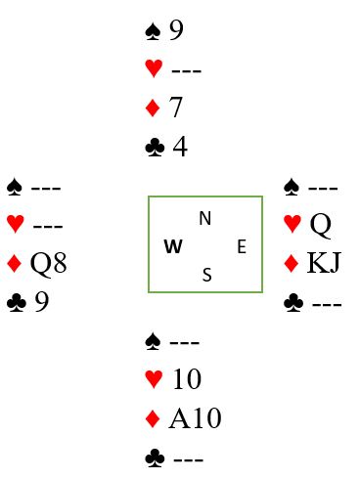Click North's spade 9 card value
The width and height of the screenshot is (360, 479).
pos(176,30)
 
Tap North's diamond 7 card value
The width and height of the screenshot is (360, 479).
pos(175,107)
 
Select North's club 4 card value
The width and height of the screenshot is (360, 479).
pos(180,147)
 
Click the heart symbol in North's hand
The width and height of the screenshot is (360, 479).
pos(154,68)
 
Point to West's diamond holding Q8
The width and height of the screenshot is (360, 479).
pos(49,263)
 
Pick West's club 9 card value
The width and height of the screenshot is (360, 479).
pos(42,301)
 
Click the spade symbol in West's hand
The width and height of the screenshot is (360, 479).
pos(15,187)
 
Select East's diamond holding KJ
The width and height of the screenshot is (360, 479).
pos(324,262)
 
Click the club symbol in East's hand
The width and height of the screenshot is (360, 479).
pos(293,302)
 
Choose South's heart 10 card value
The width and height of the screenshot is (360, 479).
pos(187,378)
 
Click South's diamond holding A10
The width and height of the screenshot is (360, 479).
pos(195,418)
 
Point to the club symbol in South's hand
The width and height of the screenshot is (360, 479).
pos(155,458)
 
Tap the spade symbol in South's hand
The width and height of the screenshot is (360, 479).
pos(153,341)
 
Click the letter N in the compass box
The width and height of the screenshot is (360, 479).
pos(205,218)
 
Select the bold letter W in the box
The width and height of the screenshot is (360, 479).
pos(173,246)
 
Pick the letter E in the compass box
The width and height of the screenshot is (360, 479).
pos(242,246)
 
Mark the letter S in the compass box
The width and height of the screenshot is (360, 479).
pos(207,275)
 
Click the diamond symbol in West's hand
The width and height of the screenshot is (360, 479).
pos(14,263)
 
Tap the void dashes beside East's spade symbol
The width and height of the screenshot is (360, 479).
pos(323,189)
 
